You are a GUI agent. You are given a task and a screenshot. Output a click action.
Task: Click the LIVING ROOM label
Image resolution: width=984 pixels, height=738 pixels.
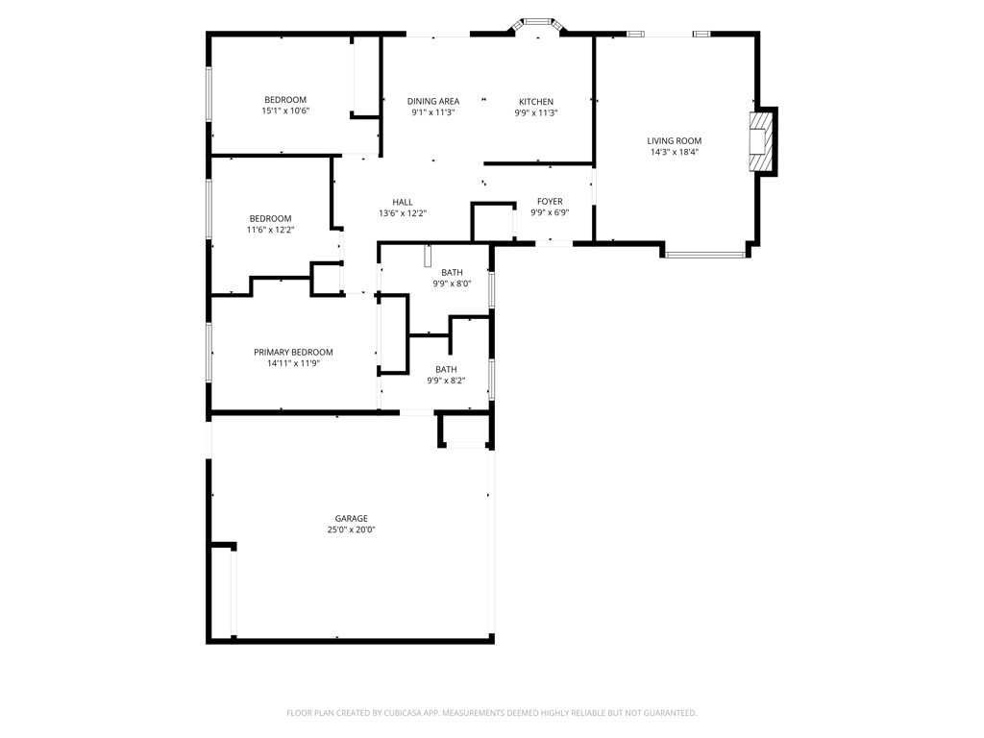click(674, 140)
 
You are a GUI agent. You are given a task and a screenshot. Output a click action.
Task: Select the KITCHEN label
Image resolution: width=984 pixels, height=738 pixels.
click(535, 101)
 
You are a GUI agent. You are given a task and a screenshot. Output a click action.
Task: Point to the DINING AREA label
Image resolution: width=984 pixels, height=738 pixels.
click(432, 101)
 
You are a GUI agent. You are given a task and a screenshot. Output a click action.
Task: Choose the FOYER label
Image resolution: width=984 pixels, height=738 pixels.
click(550, 201)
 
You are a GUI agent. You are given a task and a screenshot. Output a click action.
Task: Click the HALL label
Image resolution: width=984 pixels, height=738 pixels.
click(402, 202)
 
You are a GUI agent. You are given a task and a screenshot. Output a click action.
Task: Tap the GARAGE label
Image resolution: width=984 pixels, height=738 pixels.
click(351, 518)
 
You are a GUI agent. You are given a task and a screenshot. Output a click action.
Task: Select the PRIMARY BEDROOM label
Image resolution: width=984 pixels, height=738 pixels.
click(293, 352)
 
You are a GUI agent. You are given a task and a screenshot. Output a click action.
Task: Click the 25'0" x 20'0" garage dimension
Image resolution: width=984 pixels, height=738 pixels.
click(351, 529)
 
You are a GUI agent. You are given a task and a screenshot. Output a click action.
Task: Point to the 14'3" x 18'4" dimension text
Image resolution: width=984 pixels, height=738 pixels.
click(674, 152)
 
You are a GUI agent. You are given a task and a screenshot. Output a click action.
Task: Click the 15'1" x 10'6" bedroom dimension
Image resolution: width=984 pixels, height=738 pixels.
click(285, 111)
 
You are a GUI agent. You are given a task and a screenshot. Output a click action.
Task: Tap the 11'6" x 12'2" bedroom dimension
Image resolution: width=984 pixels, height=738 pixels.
click(270, 230)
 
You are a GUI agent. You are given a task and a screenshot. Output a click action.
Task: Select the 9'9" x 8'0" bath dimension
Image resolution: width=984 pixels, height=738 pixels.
click(452, 283)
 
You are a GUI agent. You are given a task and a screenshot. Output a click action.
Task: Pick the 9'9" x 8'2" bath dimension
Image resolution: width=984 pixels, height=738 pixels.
click(446, 381)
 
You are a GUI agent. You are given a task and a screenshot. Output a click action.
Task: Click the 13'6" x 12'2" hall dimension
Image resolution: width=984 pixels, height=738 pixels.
click(402, 213)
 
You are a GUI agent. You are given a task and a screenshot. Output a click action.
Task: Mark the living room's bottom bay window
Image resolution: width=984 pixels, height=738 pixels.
click(705, 255)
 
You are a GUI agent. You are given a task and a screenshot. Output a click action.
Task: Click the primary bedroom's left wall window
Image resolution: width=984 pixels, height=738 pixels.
click(209, 351)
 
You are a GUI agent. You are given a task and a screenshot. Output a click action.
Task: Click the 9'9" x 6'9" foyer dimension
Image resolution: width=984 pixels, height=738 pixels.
click(550, 212)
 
